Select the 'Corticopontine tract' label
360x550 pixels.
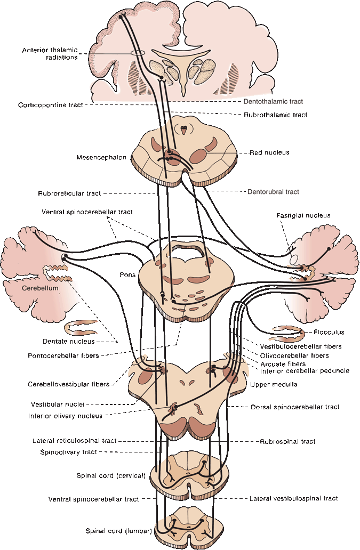coord(50,105)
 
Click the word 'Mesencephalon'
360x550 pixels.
coord(99,157)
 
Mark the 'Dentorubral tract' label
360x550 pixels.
coord(273,191)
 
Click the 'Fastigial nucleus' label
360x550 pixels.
coord(303,215)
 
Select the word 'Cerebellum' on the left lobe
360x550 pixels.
coord(39,288)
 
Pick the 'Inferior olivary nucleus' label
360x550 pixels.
coord(66,416)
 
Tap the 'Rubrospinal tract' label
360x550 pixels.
coord(287,441)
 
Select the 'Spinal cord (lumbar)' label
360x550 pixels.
coord(119,531)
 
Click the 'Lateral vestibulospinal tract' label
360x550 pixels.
coord(293,499)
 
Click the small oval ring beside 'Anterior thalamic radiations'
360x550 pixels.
coord(137,53)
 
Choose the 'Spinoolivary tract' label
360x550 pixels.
coord(68,452)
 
